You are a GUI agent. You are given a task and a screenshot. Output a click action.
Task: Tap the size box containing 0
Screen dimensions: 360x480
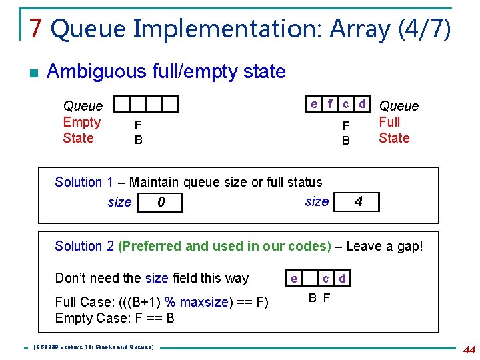(160, 201)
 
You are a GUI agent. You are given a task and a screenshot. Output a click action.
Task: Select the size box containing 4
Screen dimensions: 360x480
(358, 201)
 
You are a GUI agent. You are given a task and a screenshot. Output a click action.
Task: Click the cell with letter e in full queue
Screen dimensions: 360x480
(314, 103)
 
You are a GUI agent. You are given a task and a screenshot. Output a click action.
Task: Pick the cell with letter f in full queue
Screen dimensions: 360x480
(330, 103)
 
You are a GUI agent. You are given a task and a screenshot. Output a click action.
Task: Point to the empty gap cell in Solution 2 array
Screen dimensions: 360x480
(309, 278)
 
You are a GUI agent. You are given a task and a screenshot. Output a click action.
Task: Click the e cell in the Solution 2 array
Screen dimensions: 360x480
(293, 278)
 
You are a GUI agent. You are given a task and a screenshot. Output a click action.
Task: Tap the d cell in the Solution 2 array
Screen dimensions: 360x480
(342, 278)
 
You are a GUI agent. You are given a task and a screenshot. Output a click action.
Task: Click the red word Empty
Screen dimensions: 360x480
(81, 122)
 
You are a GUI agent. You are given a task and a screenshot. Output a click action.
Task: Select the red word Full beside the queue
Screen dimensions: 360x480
(389, 122)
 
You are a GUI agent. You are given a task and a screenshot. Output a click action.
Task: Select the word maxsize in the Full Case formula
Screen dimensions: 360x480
(203, 302)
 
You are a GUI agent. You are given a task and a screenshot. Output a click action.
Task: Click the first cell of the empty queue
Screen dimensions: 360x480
(122, 103)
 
